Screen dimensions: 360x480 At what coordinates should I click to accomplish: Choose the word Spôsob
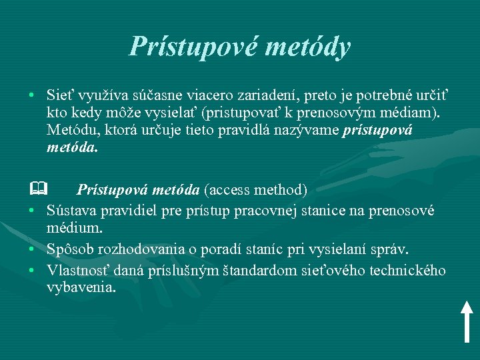70,249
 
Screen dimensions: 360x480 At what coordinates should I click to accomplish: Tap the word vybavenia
81,288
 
